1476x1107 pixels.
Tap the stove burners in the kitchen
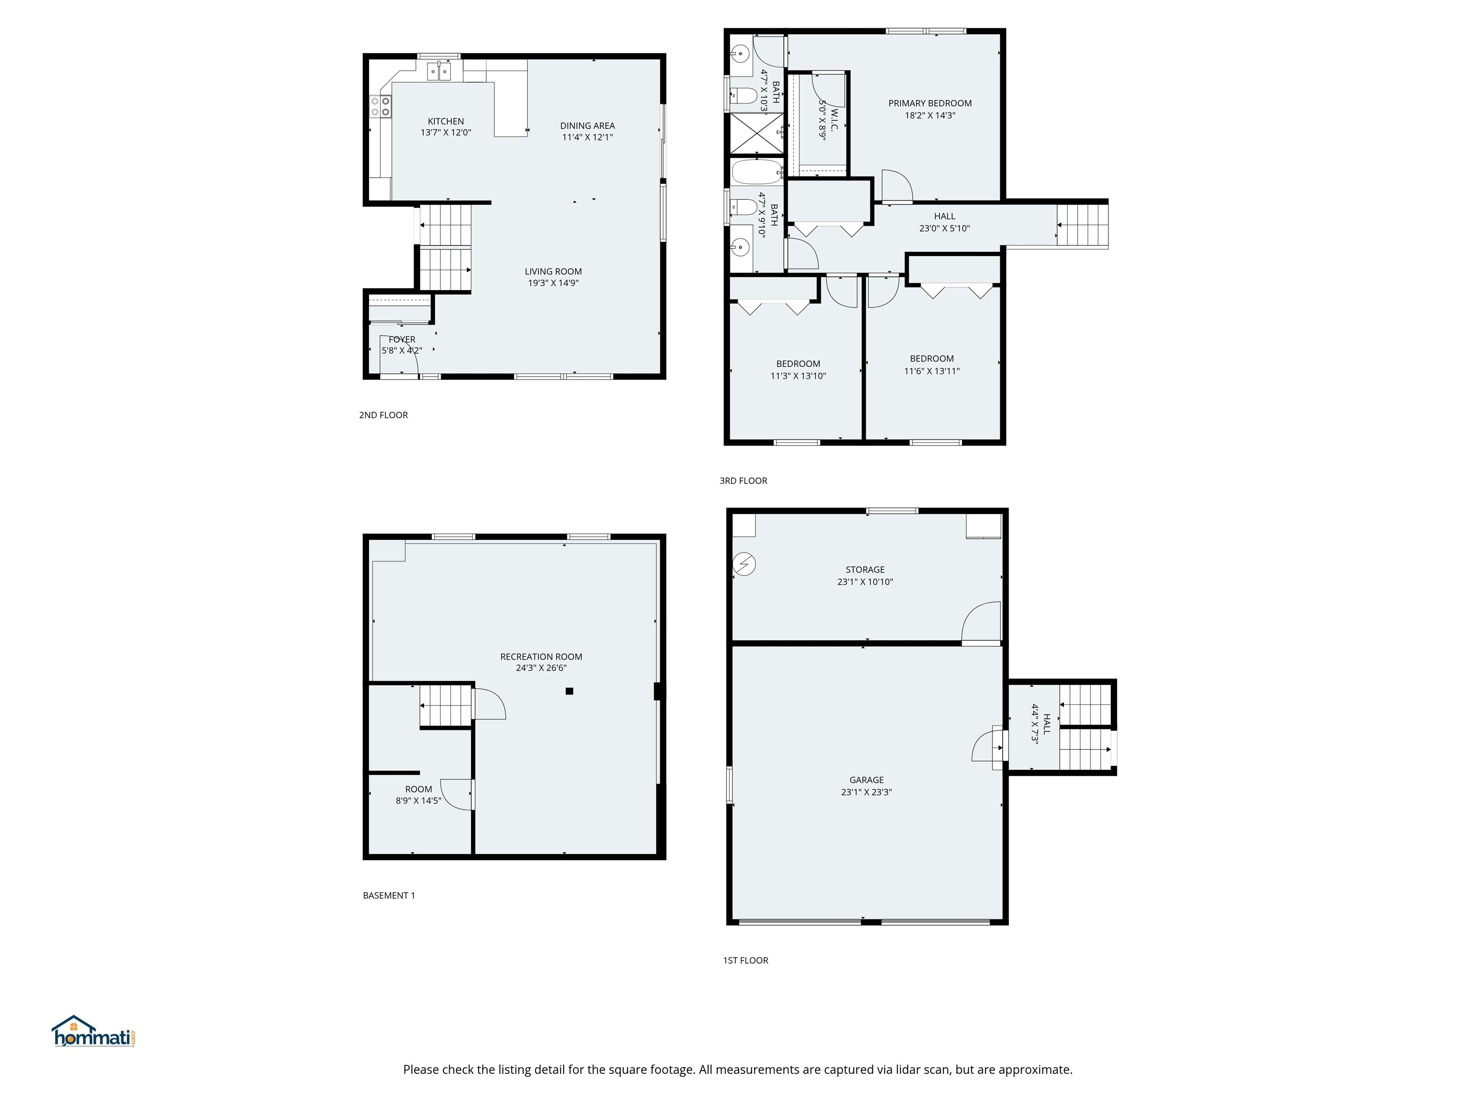pyautogui.click(x=381, y=106)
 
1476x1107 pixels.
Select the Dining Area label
pyautogui.click(x=587, y=125)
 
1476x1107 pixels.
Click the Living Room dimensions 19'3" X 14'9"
pyautogui.click(x=553, y=283)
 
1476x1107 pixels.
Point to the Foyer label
pyautogui.click(x=402, y=340)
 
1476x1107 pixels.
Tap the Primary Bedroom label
pyautogui.click(x=930, y=103)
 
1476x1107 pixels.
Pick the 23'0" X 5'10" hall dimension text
pyautogui.click(x=944, y=228)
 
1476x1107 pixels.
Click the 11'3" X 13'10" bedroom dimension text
pyautogui.click(x=798, y=376)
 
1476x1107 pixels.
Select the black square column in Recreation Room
pyautogui.click(x=569, y=691)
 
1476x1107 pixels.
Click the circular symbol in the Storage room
pyautogui.click(x=744, y=565)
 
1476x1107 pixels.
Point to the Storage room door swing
pyautogui.click(x=981, y=622)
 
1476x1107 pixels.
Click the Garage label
pyautogui.click(x=866, y=780)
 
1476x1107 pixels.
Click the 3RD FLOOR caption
pyautogui.click(x=743, y=480)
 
